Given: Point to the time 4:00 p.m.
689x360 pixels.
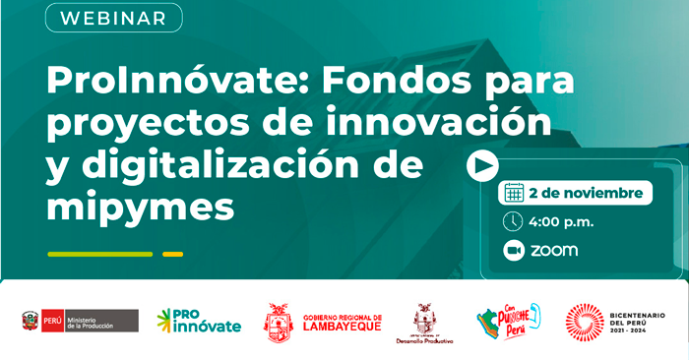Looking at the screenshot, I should click(561, 221).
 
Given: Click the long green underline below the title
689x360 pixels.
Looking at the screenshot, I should click(100, 254).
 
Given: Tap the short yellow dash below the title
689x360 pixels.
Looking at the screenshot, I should click(172, 254).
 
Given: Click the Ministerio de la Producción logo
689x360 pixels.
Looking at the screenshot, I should click(80, 321).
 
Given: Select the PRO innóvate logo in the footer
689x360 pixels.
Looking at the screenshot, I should click(199, 321).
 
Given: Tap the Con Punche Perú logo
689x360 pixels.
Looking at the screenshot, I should click(508, 321).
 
